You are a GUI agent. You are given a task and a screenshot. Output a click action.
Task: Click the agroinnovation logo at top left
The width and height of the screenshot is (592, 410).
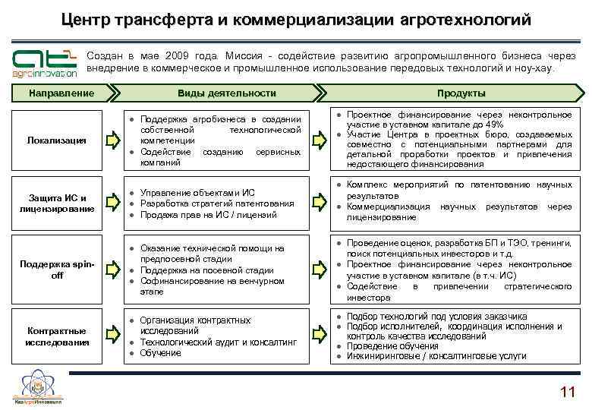(x=44, y=63)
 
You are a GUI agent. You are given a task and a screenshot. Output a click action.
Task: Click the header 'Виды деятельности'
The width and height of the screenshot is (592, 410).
(x=226, y=93)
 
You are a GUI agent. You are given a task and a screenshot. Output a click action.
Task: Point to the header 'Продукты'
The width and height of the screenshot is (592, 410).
(x=461, y=93)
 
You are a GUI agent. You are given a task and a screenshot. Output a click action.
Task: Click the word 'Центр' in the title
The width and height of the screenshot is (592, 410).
(x=89, y=18)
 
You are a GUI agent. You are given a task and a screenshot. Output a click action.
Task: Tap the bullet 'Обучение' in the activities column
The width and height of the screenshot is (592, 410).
(x=160, y=353)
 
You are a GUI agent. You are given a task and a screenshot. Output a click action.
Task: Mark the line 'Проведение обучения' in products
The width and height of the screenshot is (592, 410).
(x=392, y=346)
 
